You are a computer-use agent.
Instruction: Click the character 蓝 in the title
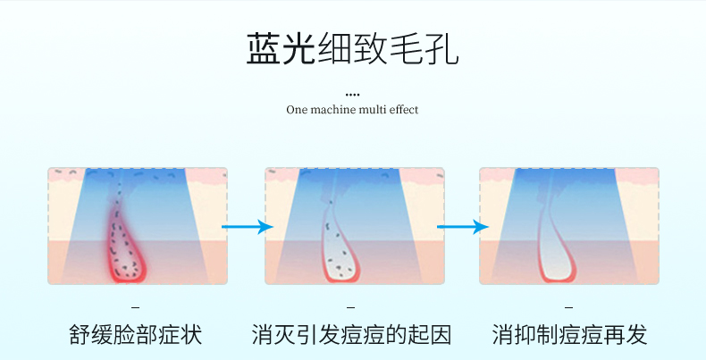pos(264,48)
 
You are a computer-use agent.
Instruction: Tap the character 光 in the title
pos(299,48)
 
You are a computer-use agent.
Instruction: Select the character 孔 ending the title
pos(441,48)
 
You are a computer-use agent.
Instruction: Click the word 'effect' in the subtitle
pos(404,109)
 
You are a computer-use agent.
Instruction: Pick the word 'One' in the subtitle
pos(297,110)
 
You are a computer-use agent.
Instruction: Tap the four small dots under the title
pos(352,95)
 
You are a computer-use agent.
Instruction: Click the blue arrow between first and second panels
pos(248,227)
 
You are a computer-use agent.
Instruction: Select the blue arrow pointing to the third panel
pos(463,227)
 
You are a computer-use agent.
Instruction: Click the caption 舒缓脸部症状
pos(136,335)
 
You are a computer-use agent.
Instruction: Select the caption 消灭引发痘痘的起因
pos(351,335)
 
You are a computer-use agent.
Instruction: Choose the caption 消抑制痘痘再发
pos(569,335)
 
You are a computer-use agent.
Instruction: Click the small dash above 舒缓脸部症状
pos(136,308)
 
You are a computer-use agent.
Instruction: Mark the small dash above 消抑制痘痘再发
pos(569,308)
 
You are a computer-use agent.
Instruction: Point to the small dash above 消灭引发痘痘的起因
pos(350,308)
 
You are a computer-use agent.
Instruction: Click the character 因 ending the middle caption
pos(441,335)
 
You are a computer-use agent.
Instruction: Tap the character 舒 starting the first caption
pos(80,335)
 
